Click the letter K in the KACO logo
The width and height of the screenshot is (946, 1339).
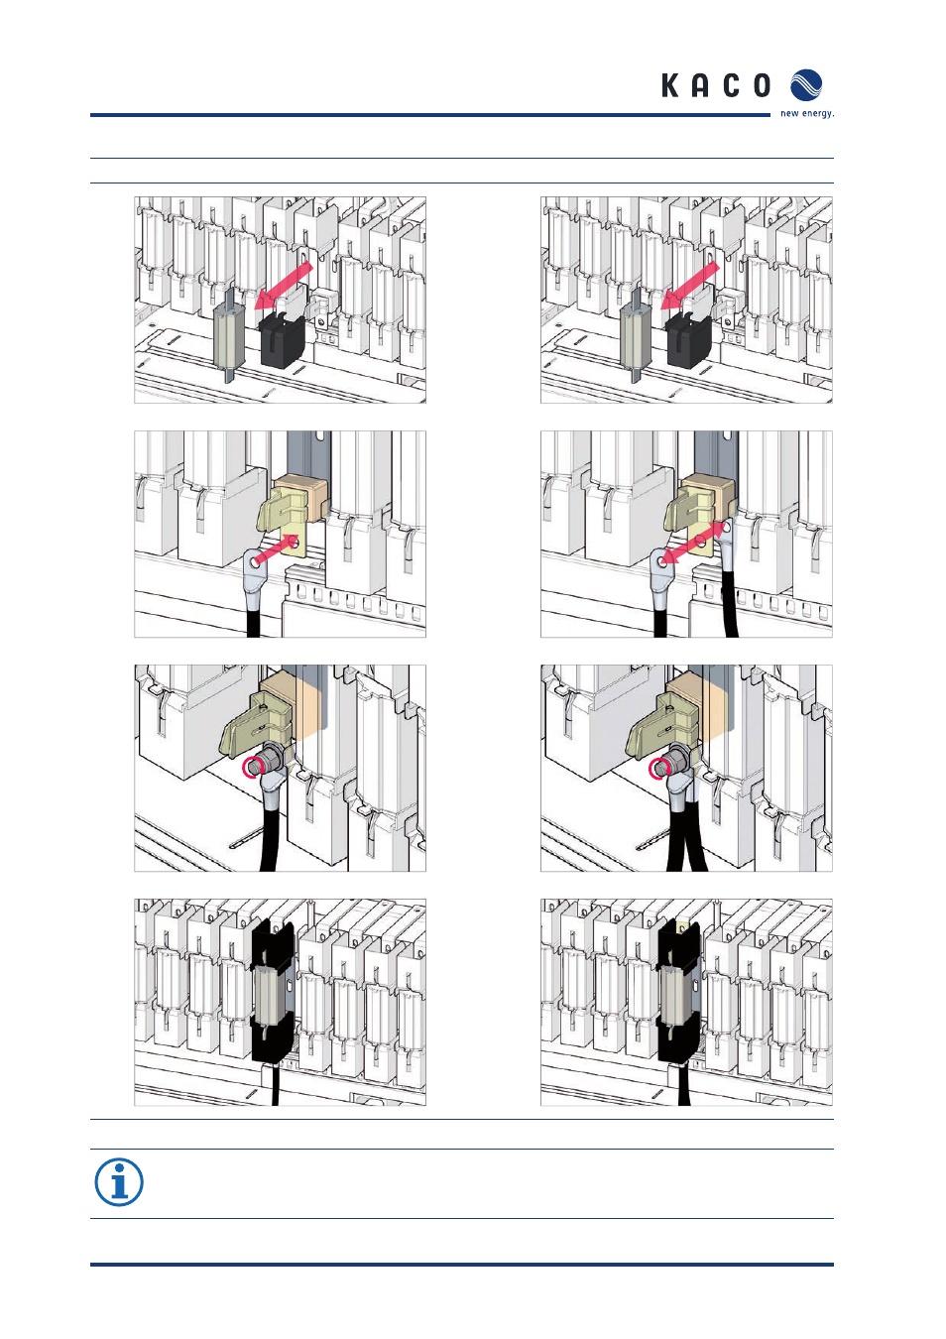[x=670, y=85]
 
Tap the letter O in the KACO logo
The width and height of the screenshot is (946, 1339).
[x=762, y=85]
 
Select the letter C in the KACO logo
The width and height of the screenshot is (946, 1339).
[x=731, y=85]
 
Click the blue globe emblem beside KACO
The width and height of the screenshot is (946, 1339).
[x=806, y=85]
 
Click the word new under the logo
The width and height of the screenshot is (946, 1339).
[x=790, y=113]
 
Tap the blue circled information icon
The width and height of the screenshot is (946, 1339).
[x=119, y=1181]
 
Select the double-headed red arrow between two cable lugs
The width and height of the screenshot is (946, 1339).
[x=691, y=544]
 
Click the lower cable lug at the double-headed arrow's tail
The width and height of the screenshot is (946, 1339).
[x=661, y=568]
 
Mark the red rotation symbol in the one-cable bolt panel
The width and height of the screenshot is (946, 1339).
[x=252, y=768]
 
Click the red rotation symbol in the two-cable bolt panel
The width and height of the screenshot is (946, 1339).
[x=658, y=768]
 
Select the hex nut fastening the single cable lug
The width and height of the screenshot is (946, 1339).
[x=269, y=758]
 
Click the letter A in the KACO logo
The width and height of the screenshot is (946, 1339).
[x=700, y=85]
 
